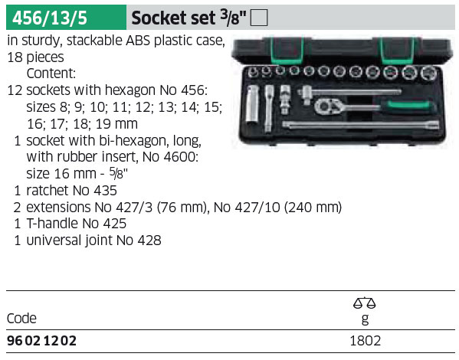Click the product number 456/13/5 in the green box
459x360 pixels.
pos(50,18)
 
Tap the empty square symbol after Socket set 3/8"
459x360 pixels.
pos(259,18)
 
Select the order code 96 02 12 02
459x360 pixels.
pos(41,341)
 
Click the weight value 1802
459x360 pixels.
pos(366,341)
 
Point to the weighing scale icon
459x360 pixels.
pos(365,303)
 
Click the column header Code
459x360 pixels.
pos(21,318)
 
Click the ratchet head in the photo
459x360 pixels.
pos(327,106)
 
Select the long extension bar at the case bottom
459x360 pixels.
pos(361,125)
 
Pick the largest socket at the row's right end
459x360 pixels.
pos(429,72)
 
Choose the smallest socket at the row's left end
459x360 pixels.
pos(253,71)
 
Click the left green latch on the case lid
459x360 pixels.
pos(287,51)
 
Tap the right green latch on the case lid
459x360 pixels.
pos(398,51)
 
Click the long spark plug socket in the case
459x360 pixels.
pos(252,104)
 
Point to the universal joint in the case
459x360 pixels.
pos(284,100)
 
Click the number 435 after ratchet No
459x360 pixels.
pos(106,191)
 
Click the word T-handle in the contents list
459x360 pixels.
pos(53,224)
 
